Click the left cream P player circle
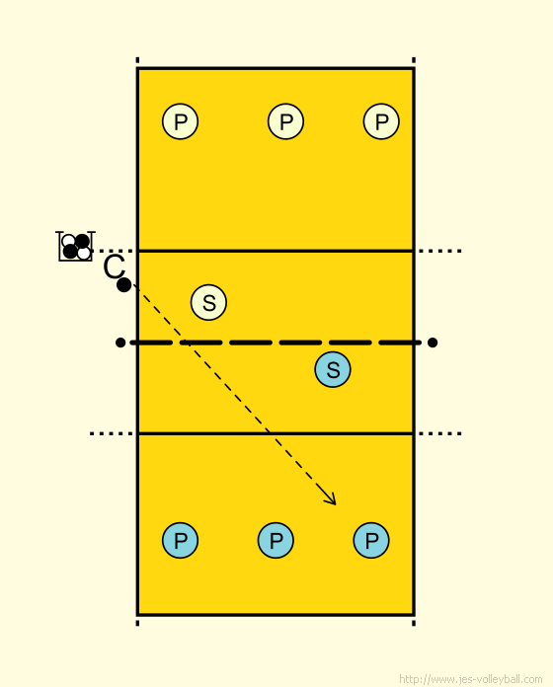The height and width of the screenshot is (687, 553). click(x=180, y=121)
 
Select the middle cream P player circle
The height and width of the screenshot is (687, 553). click(x=285, y=121)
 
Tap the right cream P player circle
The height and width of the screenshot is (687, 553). click(x=381, y=121)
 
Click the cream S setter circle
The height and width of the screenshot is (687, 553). click(x=208, y=302)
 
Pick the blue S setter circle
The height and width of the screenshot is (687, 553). click(x=333, y=369)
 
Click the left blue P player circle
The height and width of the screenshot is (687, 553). click(x=180, y=540)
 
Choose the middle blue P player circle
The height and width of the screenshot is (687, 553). click(x=276, y=540)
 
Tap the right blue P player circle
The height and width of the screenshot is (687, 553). click(x=371, y=540)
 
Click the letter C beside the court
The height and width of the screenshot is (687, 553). click(x=114, y=267)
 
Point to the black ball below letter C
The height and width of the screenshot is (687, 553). click(x=124, y=285)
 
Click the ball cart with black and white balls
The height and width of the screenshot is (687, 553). click(x=76, y=246)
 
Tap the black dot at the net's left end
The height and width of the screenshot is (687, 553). click(x=120, y=343)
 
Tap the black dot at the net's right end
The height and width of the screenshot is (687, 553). click(x=433, y=343)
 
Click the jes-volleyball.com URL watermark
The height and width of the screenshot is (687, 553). click(x=471, y=679)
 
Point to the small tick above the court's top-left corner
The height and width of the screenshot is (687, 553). click(x=137, y=60)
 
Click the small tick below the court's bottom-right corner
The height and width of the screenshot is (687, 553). click(x=414, y=623)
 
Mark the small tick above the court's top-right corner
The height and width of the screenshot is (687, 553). click(x=414, y=60)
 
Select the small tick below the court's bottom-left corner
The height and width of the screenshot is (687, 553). click(x=137, y=623)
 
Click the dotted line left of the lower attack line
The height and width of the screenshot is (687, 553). click(x=112, y=433)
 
